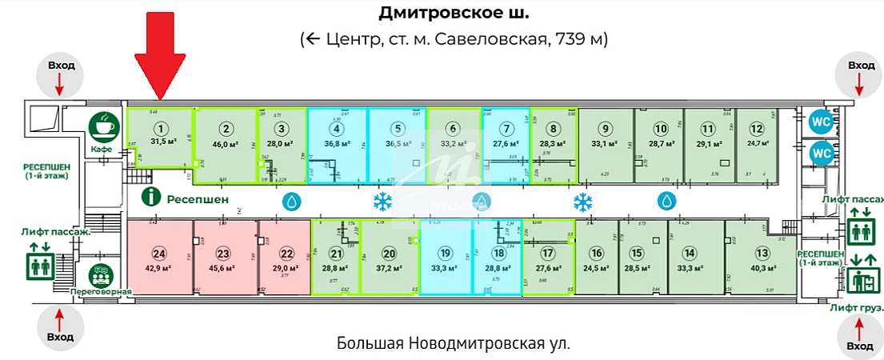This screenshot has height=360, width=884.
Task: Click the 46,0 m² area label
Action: (226, 144)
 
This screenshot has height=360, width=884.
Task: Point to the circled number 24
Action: (159, 254)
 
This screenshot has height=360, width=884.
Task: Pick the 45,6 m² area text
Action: (223, 269)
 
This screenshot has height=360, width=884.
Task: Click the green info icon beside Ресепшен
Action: (147, 198)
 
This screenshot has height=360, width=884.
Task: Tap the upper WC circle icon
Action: (822, 122)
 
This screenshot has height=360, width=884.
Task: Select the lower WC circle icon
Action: (822, 152)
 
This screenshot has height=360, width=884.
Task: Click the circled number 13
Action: (760, 254)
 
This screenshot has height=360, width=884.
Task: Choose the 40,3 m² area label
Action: (760, 269)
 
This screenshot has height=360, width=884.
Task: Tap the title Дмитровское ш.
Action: (453, 14)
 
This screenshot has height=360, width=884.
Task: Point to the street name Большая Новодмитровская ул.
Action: (454, 344)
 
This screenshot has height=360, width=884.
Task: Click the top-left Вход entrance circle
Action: (61, 74)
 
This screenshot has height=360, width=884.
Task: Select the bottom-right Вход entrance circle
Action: (860, 336)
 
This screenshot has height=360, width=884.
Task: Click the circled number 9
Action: (606, 129)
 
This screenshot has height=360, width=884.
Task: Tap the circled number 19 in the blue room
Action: (446, 254)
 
